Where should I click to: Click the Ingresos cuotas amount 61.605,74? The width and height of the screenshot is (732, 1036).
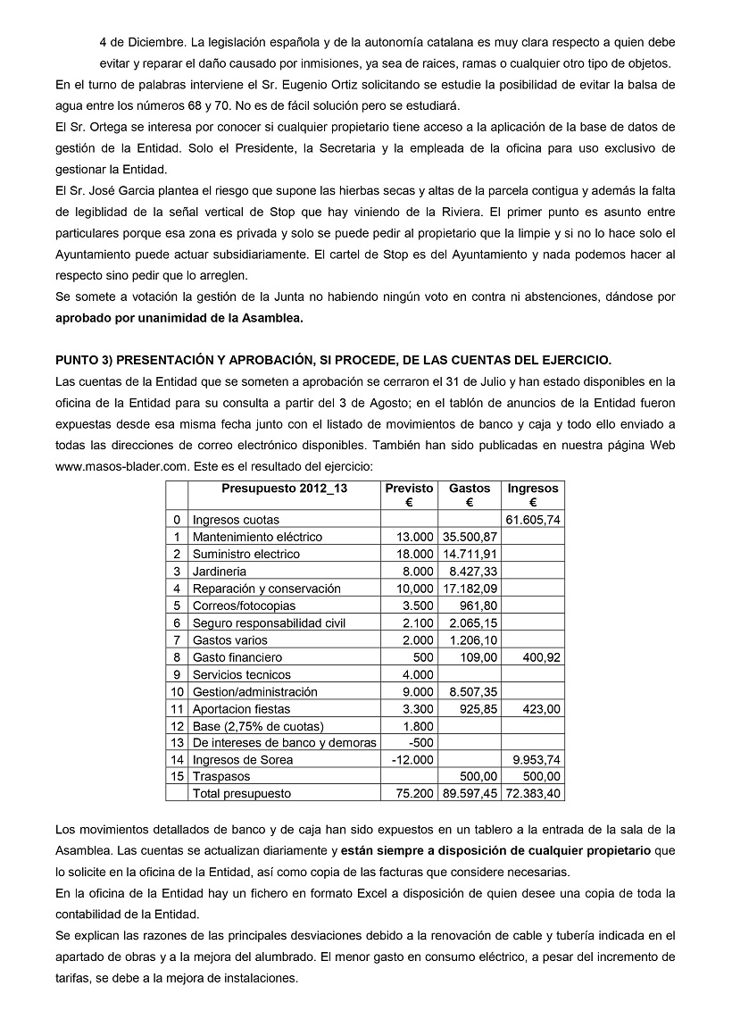click(x=533, y=520)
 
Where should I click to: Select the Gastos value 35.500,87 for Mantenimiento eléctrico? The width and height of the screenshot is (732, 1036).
click(x=470, y=537)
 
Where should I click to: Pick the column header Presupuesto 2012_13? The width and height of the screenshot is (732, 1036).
click(x=285, y=489)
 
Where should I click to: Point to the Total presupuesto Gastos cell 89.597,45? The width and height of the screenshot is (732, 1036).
click(x=470, y=793)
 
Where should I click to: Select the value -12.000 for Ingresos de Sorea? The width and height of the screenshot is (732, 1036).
click(x=412, y=759)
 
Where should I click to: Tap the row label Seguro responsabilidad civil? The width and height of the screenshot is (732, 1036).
click(x=269, y=623)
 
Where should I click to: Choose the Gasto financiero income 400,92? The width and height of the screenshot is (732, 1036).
click(x=541, y=657)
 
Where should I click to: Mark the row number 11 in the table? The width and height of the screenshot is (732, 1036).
click(x=177, y=709)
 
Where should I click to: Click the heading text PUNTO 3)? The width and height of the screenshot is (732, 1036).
click(x=90, y=361)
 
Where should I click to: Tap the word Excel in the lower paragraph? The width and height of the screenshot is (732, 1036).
click(x=356, y=894)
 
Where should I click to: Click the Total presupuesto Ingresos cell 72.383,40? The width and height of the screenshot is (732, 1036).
click(x=533, y=793)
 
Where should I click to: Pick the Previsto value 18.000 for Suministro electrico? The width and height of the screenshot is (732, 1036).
click(x=413, y=555)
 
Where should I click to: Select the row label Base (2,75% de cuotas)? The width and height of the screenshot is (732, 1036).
click(x=258, y=726)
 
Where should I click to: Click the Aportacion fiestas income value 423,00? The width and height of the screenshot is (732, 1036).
click(x=541, y=709)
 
